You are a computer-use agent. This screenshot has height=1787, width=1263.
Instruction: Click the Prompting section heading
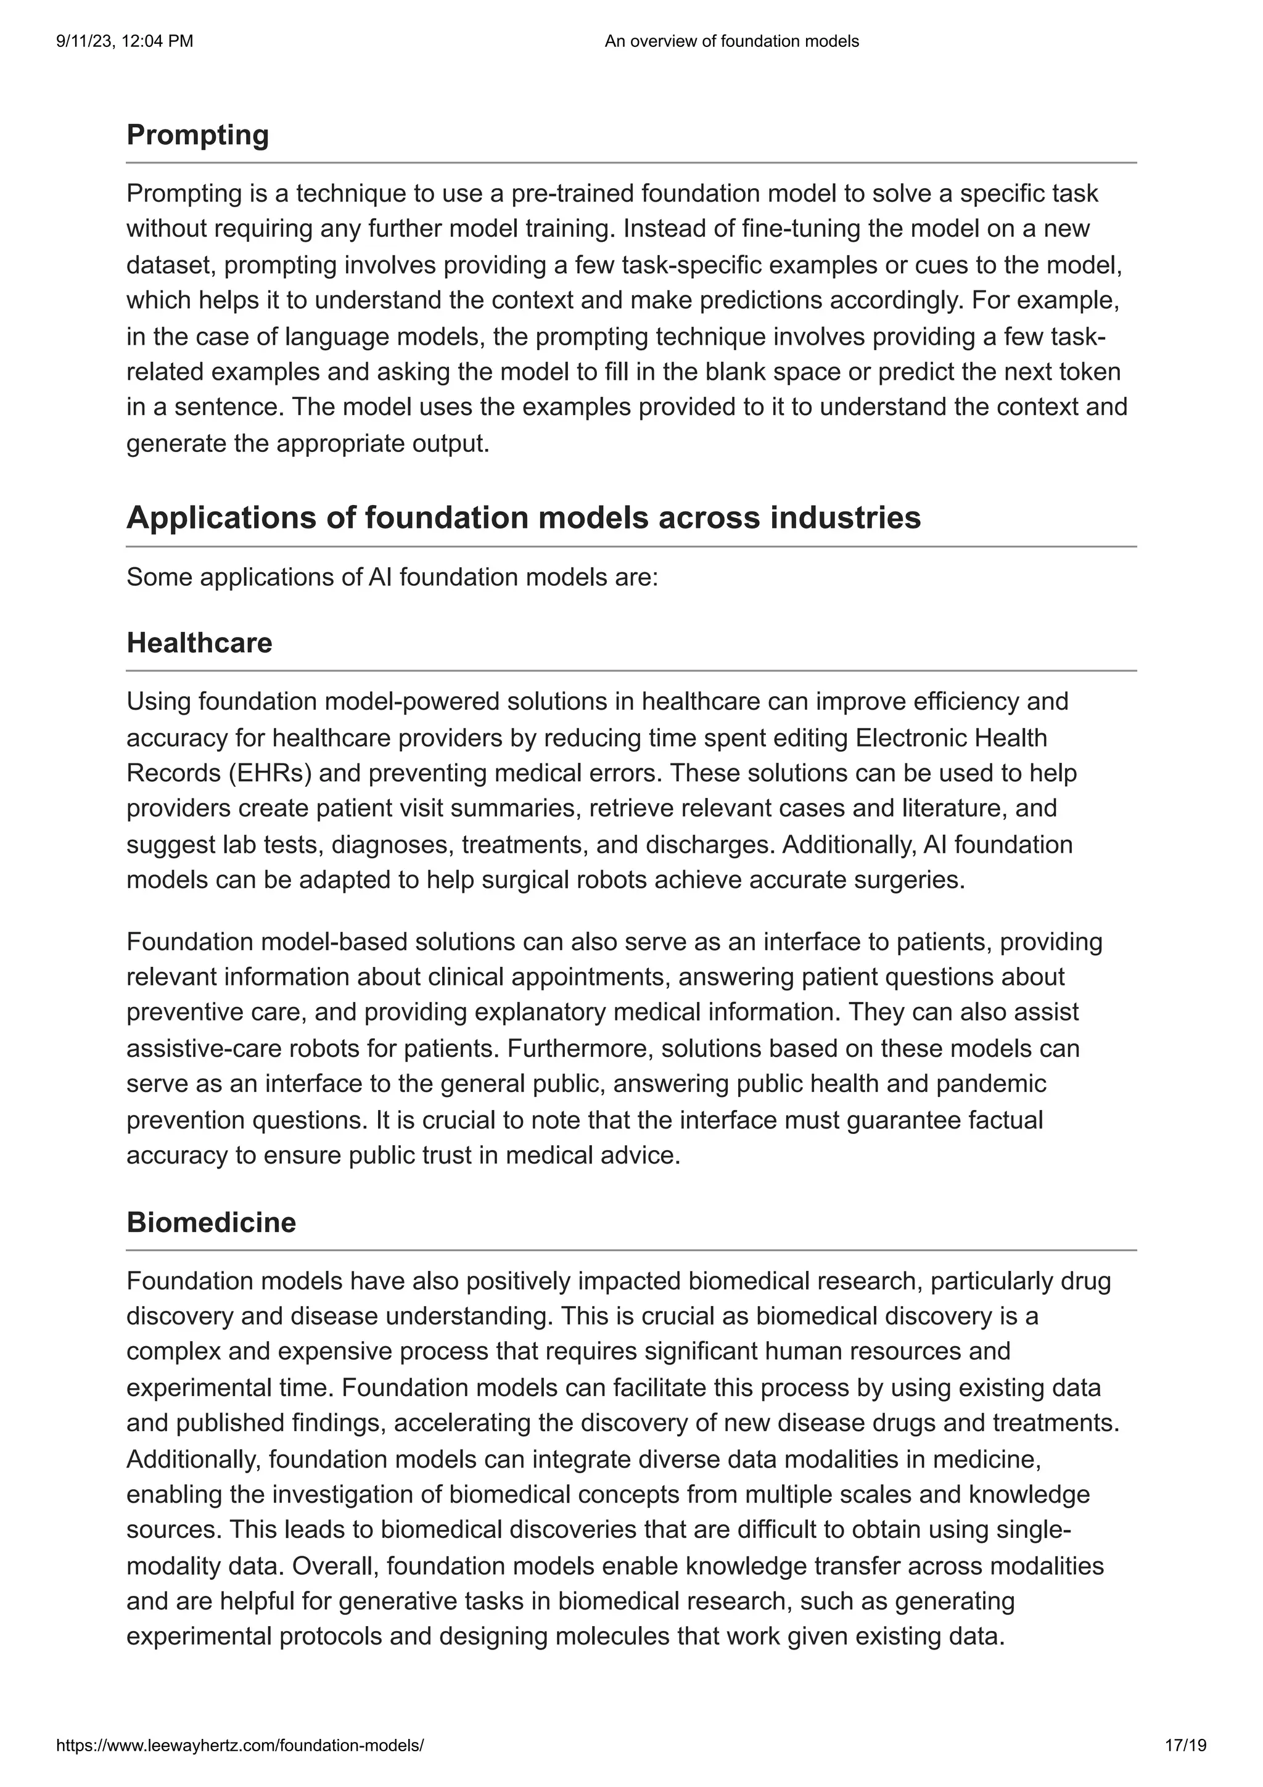198,136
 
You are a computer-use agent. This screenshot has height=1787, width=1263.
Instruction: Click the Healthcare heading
199,643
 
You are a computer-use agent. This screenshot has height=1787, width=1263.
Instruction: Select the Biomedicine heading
211,1222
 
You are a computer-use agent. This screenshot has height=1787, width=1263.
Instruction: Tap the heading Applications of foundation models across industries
523,517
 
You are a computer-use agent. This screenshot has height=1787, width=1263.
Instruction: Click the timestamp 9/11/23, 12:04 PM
125,41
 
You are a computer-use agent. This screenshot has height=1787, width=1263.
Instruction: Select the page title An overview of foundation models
731,41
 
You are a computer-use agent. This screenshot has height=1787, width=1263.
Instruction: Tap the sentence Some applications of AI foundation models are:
392,578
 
